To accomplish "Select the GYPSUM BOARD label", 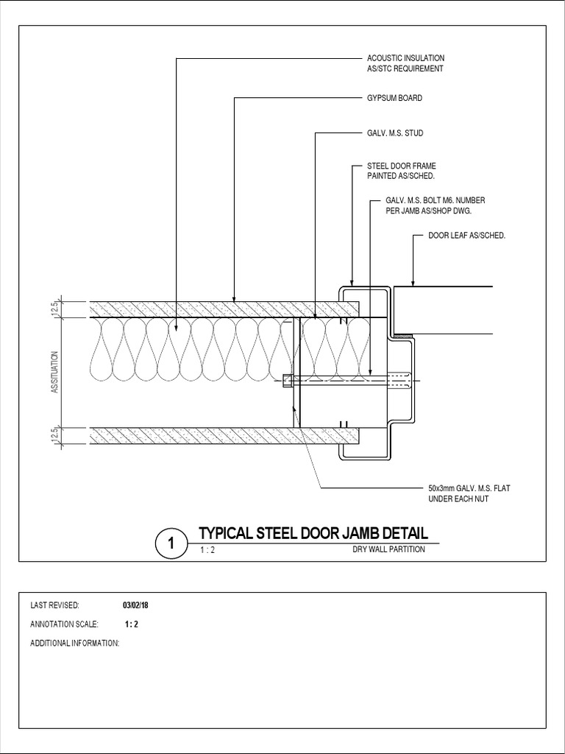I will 394,98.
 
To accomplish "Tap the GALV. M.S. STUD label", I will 395,133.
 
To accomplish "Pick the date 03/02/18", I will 135,605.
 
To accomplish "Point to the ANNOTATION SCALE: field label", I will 63,624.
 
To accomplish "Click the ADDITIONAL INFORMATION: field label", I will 74,643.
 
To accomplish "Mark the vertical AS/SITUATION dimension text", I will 54,373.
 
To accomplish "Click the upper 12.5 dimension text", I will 54,309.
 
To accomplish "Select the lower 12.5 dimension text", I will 54,436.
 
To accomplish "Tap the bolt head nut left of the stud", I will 287,381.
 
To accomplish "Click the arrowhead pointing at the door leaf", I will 413,282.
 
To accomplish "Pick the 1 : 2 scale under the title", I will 207,550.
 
